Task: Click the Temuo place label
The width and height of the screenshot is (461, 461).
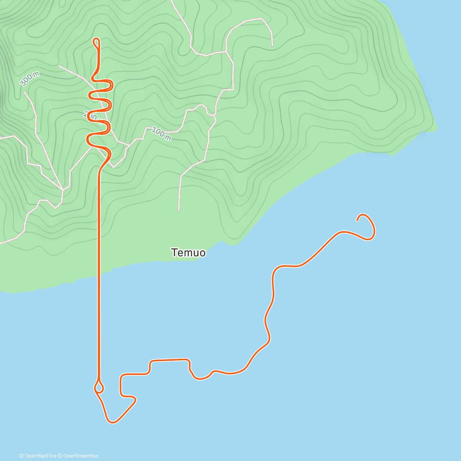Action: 188,253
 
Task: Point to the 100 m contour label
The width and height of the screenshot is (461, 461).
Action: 161,133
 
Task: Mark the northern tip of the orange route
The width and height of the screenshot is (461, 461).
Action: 96,39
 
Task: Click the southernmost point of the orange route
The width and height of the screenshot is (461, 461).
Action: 112,423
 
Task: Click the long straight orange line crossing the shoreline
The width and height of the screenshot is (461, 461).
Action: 99,269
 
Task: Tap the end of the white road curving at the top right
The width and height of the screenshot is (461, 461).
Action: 272,45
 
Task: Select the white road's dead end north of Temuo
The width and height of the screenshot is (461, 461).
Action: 179,210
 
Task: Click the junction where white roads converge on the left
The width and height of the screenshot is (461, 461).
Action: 62,189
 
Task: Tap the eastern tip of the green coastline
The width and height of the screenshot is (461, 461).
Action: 437,128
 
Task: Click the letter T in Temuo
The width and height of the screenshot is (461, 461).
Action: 175,253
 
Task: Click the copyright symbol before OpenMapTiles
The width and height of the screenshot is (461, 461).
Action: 22,456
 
